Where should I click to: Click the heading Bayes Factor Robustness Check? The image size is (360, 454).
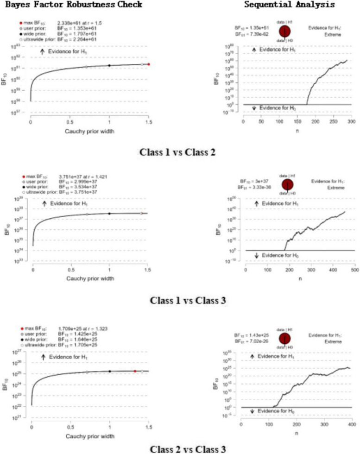[x=71, y=5]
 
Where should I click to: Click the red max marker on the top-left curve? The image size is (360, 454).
[x=149, y=64]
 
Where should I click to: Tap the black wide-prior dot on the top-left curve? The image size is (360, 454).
[x=109, y=65]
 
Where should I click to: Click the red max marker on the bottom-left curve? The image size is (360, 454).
[x=135, y=371]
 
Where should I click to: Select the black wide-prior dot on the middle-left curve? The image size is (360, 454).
[x=109, y=214]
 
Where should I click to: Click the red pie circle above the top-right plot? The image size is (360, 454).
[x=285, y=31]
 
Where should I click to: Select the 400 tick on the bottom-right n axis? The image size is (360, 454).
[x=352, y=424]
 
